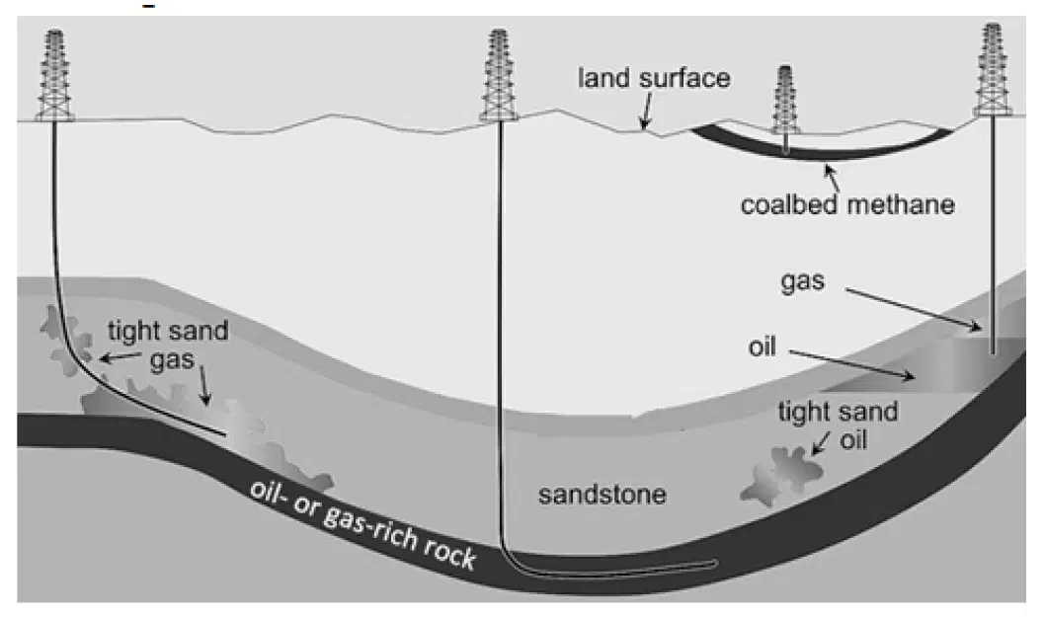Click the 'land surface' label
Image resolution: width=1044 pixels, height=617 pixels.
(654, 79)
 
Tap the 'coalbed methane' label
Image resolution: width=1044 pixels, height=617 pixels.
(847, 204)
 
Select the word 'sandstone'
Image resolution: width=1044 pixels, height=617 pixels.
(602, 495)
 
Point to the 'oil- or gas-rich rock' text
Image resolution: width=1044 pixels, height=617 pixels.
(362, 524)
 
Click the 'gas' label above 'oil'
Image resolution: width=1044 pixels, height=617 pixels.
(802, 281)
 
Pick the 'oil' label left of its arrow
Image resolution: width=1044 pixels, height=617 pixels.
(763, 347)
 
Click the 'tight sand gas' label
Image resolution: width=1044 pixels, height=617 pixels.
(169, 345)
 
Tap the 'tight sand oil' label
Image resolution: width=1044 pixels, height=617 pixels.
(839, 425)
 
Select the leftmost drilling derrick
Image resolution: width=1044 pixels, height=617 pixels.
(54, 75)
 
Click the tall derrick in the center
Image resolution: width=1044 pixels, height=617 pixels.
(499, 75)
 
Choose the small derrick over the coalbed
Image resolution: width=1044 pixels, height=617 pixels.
(785, 100)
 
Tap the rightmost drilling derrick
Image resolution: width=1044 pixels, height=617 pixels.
(993, 70)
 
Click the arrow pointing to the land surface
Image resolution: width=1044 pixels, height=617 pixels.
(646, 111)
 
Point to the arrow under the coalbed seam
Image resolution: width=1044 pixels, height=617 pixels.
(832, 178)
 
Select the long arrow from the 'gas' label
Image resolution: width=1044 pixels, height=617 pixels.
(914, 309)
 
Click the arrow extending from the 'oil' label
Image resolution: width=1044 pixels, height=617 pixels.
(852, 364)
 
